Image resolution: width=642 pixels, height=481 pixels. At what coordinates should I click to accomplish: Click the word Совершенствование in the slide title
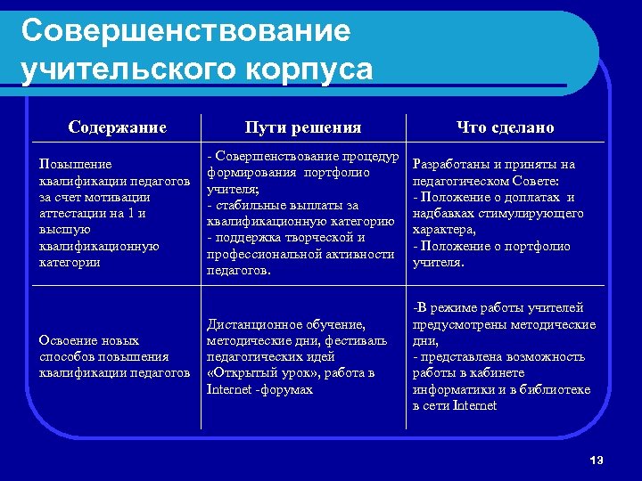(186, 31)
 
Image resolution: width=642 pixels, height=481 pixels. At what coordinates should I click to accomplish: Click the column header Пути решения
(303, 127)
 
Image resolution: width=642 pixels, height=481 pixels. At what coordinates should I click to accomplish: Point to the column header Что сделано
(505, 127)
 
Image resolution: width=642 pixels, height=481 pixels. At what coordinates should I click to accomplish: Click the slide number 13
(597, 460)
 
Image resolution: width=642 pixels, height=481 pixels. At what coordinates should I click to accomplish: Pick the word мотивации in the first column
(120, 197)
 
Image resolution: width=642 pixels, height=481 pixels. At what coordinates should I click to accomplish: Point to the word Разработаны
(452, 165)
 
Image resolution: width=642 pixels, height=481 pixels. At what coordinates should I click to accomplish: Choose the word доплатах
(530, 197)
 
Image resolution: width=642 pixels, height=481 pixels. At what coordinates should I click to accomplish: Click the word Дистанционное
(250, 324)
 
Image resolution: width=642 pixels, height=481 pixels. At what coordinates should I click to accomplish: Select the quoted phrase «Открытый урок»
(259, 373)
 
